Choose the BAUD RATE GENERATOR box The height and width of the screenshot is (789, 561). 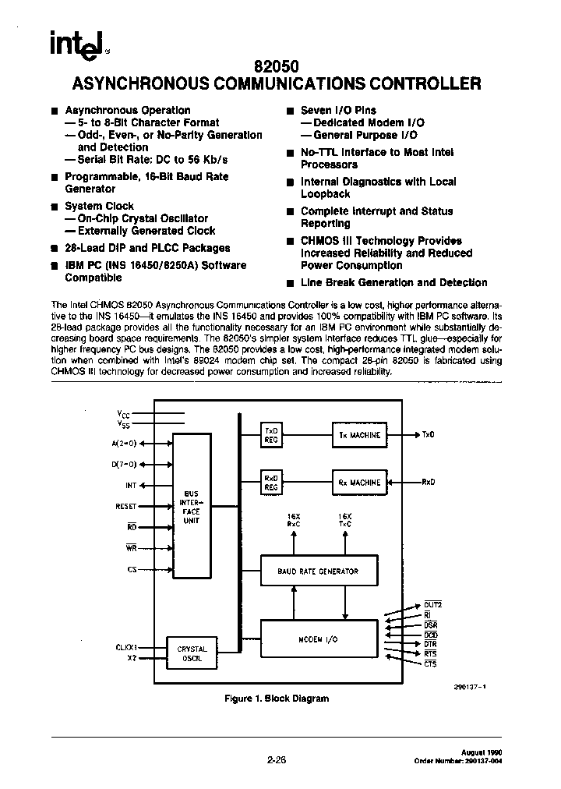coord(318,571)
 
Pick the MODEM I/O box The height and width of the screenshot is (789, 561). coord(318,639)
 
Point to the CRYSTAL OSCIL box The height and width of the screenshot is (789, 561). coord(192,653)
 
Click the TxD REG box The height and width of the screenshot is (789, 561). coord(271,435)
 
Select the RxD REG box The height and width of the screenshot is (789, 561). coord(271,483)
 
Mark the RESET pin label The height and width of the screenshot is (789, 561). coord(125,506)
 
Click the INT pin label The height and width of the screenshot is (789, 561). coord(130,485)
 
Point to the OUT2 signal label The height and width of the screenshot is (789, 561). coord(432,605)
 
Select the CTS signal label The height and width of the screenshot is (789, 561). coord(431,663)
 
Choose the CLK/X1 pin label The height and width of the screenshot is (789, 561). coord(125,646)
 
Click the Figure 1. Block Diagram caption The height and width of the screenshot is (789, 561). coord(276,699)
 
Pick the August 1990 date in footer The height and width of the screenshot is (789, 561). coord(484,745)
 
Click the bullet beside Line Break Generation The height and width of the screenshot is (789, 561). coord(289,283)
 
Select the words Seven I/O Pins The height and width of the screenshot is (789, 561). coord(338,111)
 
